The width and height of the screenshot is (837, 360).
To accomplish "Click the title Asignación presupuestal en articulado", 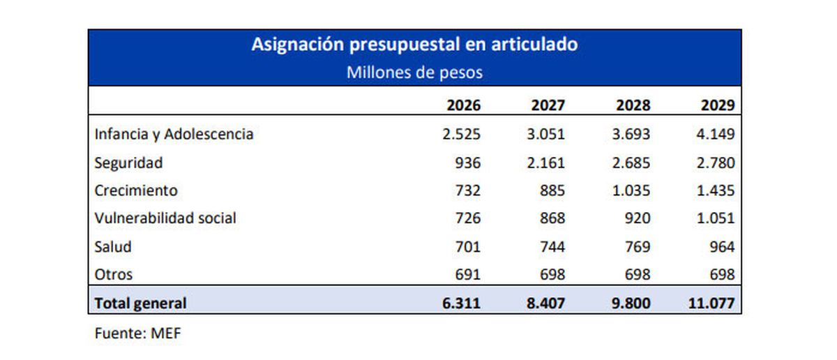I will [x=414, y=45].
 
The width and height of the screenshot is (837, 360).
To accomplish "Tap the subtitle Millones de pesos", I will [x=414, y=73].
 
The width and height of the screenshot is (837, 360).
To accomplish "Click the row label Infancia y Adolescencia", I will [x=174, y=134].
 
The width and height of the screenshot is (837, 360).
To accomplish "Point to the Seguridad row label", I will [x=128, y=163].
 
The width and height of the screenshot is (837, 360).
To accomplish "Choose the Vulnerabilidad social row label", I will [x=165, y=218].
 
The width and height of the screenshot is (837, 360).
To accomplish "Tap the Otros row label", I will [x=113, y=274].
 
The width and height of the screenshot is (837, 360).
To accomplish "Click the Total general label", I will [x=140, y=303].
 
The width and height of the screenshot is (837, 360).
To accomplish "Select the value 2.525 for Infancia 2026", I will [x=461, y=134].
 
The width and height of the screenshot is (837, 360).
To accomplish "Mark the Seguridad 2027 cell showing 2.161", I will [x=545, y=163].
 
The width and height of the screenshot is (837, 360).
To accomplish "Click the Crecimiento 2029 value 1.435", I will [x=715, y=190].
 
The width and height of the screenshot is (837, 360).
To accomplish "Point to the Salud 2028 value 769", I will [x=636, y=246].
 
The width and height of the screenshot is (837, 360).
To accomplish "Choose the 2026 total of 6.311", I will [x=461, y=303].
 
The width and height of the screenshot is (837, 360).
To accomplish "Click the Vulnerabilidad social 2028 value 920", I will [x=636, y=218].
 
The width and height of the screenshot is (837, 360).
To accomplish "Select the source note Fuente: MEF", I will [x=137, y=333].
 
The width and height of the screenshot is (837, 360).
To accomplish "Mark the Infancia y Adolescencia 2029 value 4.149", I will [x=715, y=134].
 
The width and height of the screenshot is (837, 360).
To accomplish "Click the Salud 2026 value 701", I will [x=467, y=246].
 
